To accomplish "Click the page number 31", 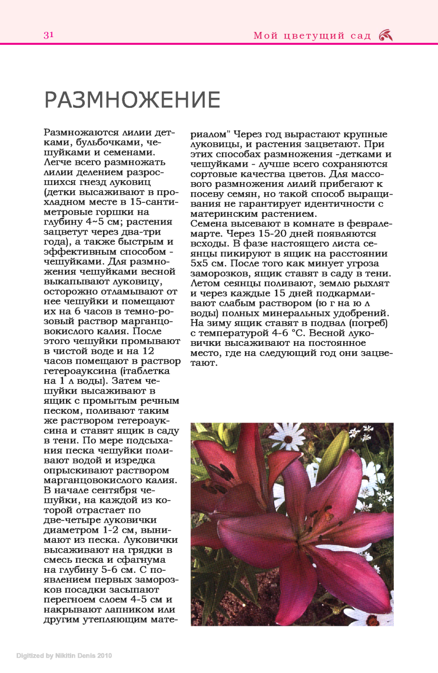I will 49,35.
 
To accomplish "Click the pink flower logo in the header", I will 386,35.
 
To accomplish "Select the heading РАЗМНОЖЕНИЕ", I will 132,100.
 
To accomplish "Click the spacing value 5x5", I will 200,264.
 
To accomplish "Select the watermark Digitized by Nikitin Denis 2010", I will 64,656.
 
